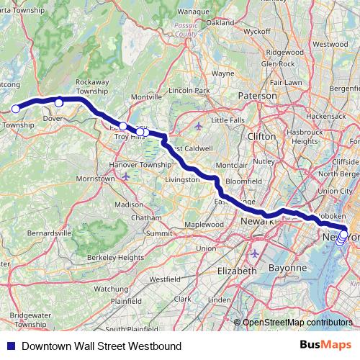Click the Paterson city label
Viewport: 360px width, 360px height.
(x=257, y=95)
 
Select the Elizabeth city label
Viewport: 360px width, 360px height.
(x=236, y=271)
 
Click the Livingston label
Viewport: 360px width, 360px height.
(x=182, y=179)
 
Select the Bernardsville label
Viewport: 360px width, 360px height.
(x=50, y=234)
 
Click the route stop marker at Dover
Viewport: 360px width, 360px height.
(x=59, y=102)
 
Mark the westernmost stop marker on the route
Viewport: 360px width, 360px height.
(x=15, y=109)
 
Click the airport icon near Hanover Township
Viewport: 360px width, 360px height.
(x=127, y=176)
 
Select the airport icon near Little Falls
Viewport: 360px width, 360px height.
(x=199, y=127)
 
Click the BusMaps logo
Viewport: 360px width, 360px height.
(x=323, y=346)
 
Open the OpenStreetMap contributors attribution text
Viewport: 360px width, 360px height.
(x=297, y=322)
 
